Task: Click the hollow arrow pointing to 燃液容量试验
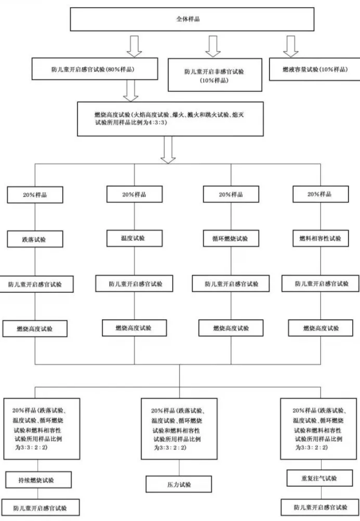click(x=292, y=45)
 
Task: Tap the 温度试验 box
click(x=134, y=238)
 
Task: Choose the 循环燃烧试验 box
click(x=230, y=239)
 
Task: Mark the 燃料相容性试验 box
click(x=320, y=238)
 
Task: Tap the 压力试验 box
click(x=178, y=484)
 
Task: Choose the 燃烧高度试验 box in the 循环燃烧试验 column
click(x=230, y=328)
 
